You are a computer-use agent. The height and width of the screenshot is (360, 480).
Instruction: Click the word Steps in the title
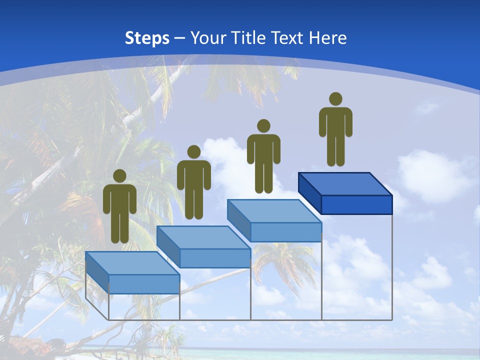[147, 38]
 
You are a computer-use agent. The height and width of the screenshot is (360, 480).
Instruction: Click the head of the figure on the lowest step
[119, 176]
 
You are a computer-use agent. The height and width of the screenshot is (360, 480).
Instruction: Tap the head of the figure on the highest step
[335, 99]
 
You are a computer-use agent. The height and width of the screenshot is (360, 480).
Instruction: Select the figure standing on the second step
[193, 182]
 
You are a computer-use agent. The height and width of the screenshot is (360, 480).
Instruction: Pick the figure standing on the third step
[263, 156]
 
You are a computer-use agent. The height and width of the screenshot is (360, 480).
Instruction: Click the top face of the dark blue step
[345, 184]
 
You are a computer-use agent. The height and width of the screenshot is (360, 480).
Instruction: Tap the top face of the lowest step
[132, 263]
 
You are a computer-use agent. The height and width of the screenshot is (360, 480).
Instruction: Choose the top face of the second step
[203, 237]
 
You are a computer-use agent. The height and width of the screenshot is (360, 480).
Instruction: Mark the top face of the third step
[274, 211]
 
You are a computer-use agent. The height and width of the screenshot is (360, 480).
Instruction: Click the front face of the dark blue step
[356, 204]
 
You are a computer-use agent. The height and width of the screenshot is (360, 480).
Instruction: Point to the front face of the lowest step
[144, 284]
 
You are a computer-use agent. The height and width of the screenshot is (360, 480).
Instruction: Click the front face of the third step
[285, 232]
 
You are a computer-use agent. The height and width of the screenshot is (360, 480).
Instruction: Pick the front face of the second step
[215, 258]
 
